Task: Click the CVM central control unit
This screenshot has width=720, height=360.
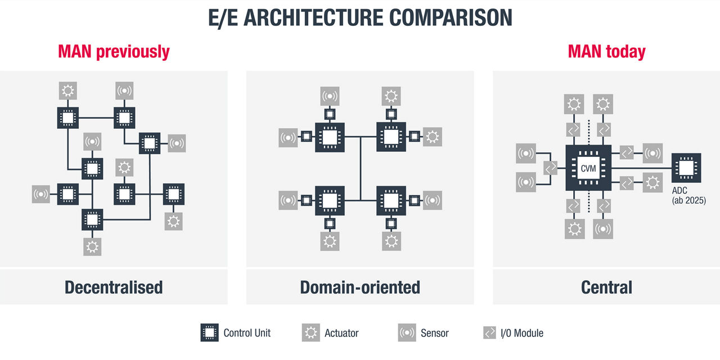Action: pyautogui.click(x=588, y=167)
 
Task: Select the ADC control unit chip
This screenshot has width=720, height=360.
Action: pyautogui.click(x=687, y=168)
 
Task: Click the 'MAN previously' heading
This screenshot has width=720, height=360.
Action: pyautogui.click(x=114, y=52)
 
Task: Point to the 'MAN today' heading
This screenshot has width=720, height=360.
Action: pyautogui.click(x=606, y=52)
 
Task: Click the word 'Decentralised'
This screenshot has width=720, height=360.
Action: pyautogui.click(x=114, y=287)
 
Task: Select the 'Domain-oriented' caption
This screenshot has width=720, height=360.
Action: pyautogui.click(x=360, y=287)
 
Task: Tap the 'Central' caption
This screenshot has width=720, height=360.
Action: pyautogui.click(x=606, y=287)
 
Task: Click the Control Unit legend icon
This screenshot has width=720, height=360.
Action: pyautogui.click(x=209, y=332)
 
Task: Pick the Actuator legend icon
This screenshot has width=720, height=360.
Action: pyautogui.click(x=310, y=332)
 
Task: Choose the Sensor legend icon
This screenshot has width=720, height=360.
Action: pyautogui.click(x=407, y=332)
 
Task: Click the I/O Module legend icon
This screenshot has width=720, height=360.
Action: pyautogui.click(x=489, y=332)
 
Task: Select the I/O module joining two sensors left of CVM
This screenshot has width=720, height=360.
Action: pyautogui.click(x=551, y=168)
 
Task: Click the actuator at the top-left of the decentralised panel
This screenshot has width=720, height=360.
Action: pyautogui.click(x=68, y=90)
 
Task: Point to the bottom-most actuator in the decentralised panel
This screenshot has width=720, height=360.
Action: pyautogui.click(x=92, y=246)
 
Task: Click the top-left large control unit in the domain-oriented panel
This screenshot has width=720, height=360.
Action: pyautogui.click(x=330, y=136)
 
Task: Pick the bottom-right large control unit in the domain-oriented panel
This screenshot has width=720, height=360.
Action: pyautogui.click(x=391, y=200)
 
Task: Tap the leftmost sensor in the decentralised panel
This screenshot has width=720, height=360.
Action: pyautogui.click(x=41, y=194)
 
